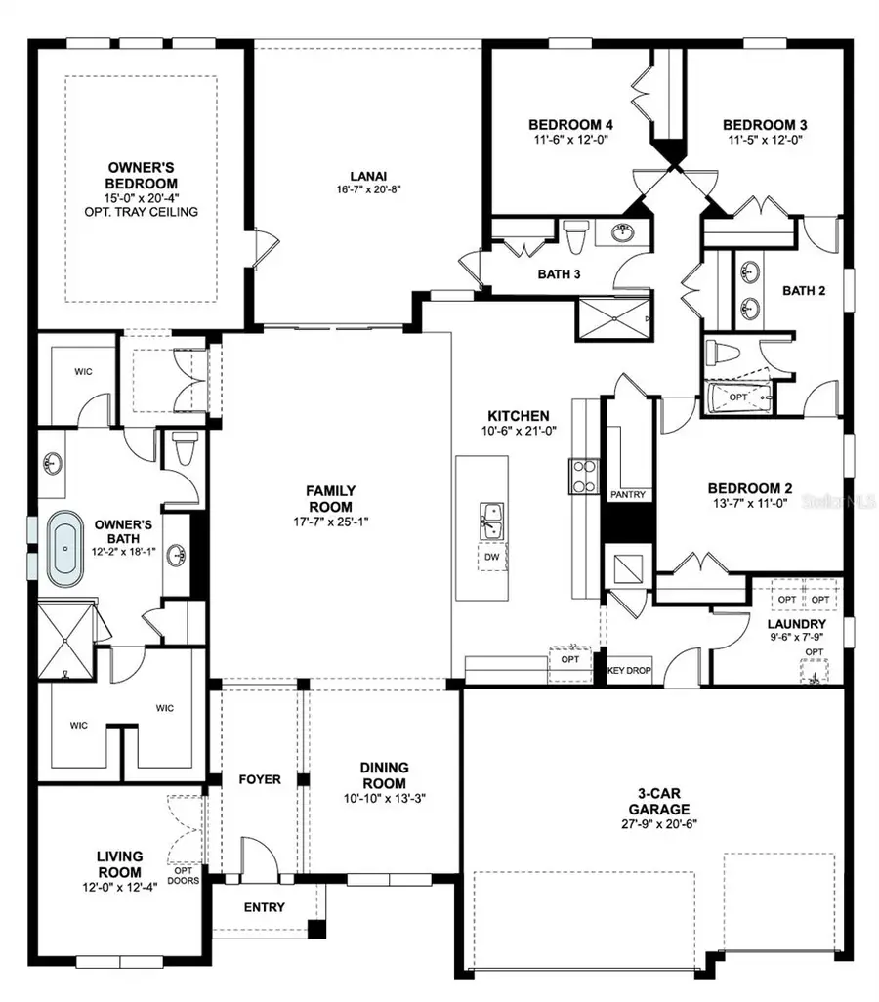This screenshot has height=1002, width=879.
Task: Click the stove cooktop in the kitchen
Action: pyautogui.click(x=584, y=476)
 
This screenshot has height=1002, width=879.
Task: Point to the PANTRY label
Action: pyautogui.click(x=628, y=495)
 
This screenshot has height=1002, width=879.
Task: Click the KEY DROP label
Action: pyautogui.click(x=629, y=671)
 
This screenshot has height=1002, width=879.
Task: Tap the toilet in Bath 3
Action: pyautogui.click(x=575, y=235)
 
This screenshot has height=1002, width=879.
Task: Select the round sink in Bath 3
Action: pyautogui.click(x=623, y=231)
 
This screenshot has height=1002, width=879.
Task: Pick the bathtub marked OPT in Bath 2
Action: pyautogui.click(x=739, y=398)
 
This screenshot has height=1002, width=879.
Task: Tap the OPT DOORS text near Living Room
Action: pyautogui.click(x=184, y=876)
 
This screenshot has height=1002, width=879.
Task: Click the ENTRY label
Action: pyautogui.click(x=265, y=907)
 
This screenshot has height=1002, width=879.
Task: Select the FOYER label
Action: pyautogui.click(x=260, y=779)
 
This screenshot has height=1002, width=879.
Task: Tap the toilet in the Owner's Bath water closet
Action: pyautogui.click(x=183, y=451)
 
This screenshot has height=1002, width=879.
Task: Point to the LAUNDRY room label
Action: pyautogui.click(x=796, y=624)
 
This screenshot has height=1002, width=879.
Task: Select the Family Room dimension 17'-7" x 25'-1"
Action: pyautogui.click(x=330, y=506)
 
